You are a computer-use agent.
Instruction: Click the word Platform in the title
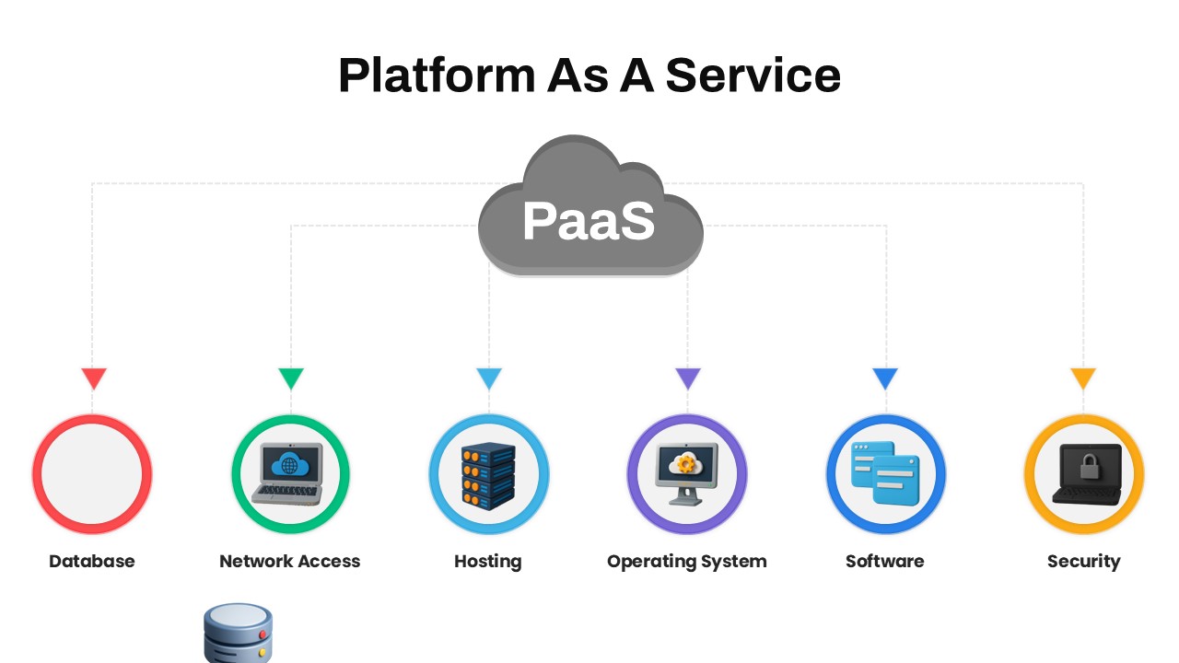tap(437, 76)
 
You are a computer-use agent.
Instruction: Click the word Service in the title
tap(753, 76)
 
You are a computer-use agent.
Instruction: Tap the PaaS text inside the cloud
tap(589, 221)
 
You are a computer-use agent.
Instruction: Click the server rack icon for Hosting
tap(488, 476)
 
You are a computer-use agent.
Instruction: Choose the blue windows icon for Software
tap(885, 473)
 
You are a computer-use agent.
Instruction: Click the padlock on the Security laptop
tap(1090, 466)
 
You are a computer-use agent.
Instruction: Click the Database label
tap(91, 561)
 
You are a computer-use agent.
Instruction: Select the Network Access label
tap(290, 561)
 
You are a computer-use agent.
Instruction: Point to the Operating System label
tap(687, 562)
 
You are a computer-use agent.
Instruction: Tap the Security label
tap(1084, 562)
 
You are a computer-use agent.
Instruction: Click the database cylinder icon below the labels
tap(238, 634)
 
